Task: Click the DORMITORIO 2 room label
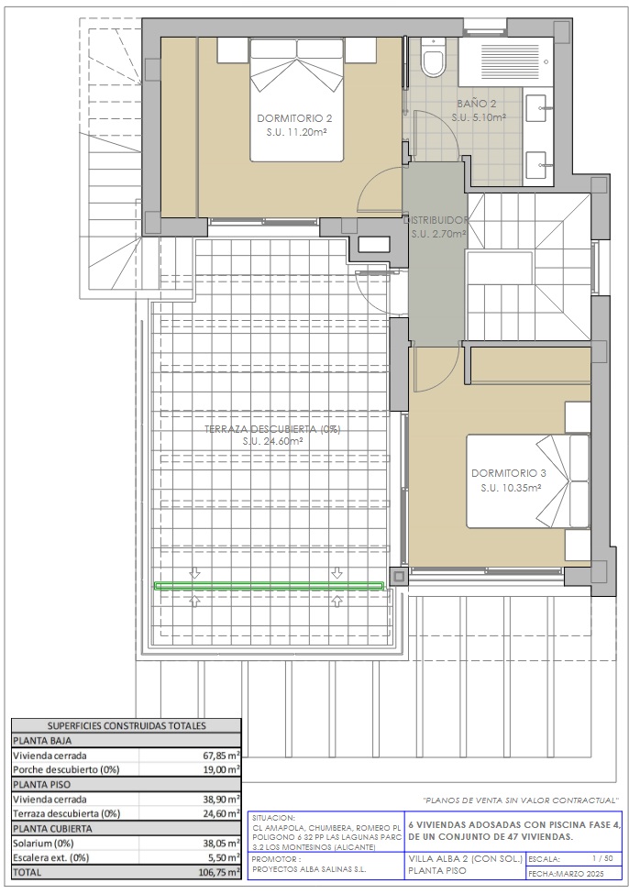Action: (294, 118)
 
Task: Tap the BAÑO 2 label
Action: (477, 104)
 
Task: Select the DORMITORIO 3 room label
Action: (509, 473)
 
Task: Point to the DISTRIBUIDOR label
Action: (436, 219)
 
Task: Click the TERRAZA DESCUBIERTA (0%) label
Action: (272, 429)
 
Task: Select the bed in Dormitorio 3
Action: (528, 480)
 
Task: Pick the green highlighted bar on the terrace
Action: (270, 586)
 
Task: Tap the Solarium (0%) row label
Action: (43, 844)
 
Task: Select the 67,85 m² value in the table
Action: (223, 756)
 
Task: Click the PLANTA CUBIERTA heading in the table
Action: (52, 828)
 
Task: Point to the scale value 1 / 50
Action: (602, 858)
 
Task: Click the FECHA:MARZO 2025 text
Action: (567, 874)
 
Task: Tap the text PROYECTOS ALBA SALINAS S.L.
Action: (309, 869)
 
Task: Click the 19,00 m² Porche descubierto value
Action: (223, 769)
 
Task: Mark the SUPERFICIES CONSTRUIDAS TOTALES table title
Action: (127, 726)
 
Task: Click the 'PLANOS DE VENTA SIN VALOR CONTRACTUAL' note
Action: (520, 800)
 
